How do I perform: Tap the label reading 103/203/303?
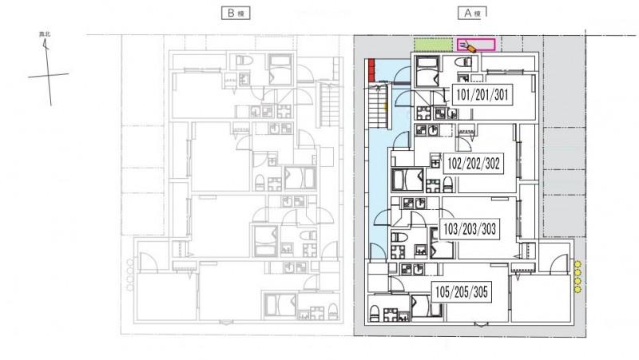coord(470,229)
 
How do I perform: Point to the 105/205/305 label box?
coord(459,291)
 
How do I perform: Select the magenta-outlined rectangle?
coord(475,45)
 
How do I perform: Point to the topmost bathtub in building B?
coord(280,67)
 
